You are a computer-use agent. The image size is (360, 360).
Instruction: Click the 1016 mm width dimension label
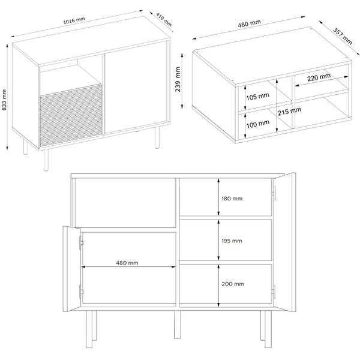coord(74,20)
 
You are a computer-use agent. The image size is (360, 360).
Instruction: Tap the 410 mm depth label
coord(164,20)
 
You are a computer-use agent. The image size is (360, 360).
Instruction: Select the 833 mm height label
coord(4,100)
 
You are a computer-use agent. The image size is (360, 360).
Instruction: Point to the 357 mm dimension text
coord(343,36)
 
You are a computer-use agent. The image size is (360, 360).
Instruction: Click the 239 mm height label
coord(178,79)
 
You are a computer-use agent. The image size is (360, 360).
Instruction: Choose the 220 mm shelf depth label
coord(319,77)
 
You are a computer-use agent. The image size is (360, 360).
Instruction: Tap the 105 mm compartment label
coord(257,97)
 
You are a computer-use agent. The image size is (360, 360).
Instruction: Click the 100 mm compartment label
coord(257,124)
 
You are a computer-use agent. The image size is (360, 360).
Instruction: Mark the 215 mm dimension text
coord(289,112)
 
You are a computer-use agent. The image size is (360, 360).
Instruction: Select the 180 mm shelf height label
coord(232,199)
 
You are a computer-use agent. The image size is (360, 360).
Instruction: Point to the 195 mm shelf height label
coord(232,241)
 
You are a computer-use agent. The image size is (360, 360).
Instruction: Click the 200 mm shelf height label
coord(233,284)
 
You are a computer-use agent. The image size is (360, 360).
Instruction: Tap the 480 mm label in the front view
coord(127,263)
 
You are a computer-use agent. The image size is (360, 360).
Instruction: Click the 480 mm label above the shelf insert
coord(249,23)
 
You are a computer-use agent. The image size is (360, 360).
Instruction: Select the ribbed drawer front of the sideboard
coord(71,115)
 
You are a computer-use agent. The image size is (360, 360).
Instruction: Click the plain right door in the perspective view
coord(136,87)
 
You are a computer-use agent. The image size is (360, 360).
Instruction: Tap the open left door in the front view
coord(72,269)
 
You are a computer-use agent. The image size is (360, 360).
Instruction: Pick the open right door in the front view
coord(284,242)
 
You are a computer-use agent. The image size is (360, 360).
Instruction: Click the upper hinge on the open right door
coord(274,193)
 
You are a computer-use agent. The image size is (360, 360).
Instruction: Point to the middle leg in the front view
coord(177,325)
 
